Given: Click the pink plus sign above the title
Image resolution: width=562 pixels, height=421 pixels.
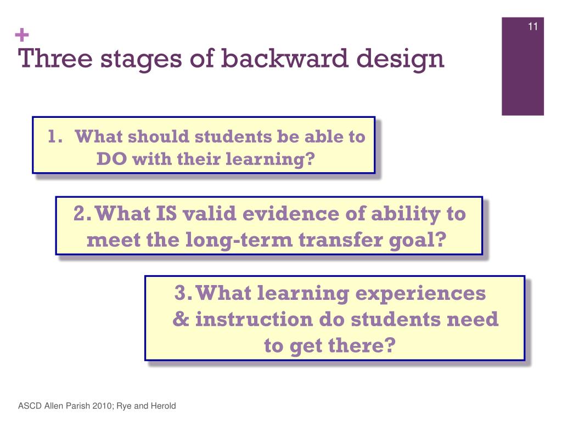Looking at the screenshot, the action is click(22, 35).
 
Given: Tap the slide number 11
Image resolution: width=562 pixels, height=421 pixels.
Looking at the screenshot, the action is click(532, 26).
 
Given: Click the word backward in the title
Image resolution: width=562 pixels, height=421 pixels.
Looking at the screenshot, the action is click(285, 58).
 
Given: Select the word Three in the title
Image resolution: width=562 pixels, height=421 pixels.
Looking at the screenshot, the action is click(55, 58).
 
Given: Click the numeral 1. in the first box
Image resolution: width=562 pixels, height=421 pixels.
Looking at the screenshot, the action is click(55, 136).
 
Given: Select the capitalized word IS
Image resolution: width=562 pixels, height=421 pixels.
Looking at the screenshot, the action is click(166, 213).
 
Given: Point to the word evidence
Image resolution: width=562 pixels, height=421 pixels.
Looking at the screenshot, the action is click(291, 213).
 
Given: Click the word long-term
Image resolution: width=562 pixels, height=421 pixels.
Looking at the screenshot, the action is click(239, 240).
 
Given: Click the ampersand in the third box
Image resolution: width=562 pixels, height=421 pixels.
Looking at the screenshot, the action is click(181, 319).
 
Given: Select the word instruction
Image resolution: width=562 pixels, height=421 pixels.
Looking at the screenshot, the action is click(254, 319).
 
